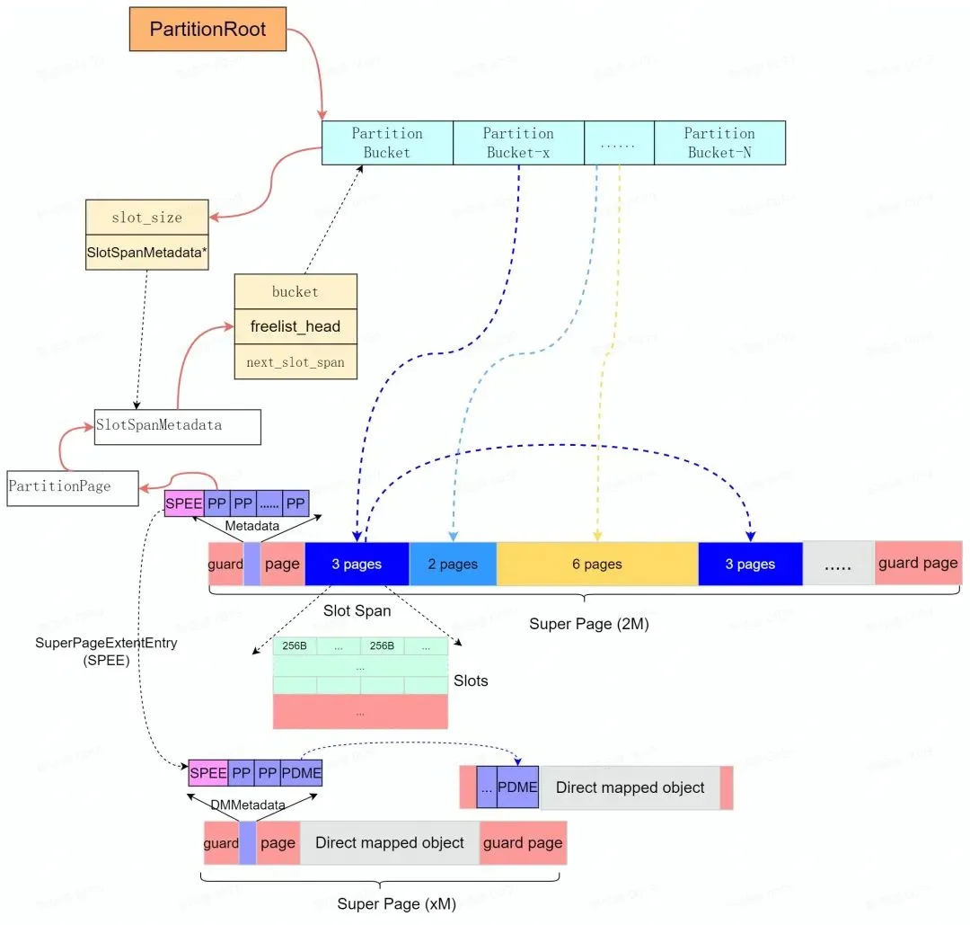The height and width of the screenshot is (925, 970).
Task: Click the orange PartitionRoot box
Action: (x=207, y=30)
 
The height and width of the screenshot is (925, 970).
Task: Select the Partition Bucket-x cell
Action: (x=518, y=143)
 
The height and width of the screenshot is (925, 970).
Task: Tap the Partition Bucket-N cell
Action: (x=719, y=143)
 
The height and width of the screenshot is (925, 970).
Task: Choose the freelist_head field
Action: (x=295, y=326)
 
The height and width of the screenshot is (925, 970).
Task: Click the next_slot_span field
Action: (x=295, y=361)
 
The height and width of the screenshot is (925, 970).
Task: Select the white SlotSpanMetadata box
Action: (x=177, y=426)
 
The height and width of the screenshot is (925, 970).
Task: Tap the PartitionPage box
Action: (x=73, y=486)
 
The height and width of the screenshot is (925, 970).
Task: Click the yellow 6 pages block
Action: (x=597, y=564)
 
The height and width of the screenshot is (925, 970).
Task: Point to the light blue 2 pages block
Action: (x=453, y=564)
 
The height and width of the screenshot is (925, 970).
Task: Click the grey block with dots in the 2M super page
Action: (x=838, y=564)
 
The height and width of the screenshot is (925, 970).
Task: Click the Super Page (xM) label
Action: (x=396, y=903)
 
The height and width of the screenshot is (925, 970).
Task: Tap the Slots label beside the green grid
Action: (x=471, y=680)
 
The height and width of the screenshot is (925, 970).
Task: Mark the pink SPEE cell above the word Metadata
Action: (x=184, y=503)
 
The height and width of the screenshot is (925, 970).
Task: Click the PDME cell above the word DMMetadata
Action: (x=301, y=772)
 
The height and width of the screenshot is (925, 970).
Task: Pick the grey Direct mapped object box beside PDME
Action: (x=630, y=787)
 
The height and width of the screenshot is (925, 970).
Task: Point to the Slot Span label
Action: (x=357, y=610)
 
